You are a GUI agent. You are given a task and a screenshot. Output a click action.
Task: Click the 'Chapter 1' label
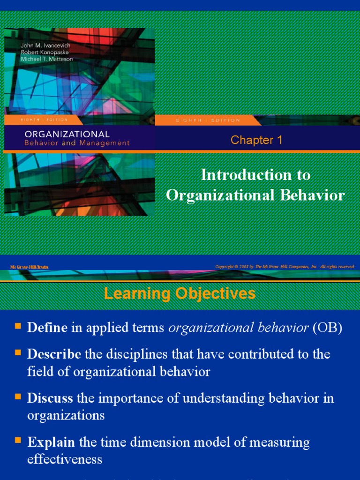256,140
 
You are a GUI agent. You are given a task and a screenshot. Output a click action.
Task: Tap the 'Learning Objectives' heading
180,294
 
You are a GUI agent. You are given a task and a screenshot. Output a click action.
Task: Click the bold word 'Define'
47,328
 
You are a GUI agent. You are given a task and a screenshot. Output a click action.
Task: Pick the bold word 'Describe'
54,354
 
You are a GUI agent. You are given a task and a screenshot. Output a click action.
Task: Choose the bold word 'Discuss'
50,398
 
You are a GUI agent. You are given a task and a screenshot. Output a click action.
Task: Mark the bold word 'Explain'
51,442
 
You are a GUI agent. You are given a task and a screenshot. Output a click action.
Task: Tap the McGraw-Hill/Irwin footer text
29,267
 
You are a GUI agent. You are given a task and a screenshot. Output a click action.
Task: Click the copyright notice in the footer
285,267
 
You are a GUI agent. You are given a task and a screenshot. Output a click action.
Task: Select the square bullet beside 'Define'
18,326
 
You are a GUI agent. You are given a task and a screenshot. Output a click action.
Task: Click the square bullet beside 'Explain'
18,440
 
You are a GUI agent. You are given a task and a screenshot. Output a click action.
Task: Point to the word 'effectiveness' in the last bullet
65,459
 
